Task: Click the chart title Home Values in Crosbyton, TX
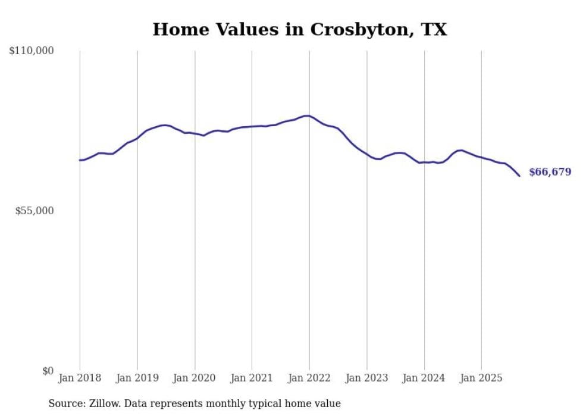pos(299,29)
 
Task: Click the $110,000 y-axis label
pos(32,51)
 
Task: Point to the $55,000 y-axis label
pos(35,211)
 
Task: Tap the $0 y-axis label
pos(48,371)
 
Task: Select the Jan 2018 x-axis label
pos(80,378)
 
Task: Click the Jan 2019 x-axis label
pos(137,378)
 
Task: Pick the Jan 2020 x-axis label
pos(195,378)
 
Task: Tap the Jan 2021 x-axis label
pos(252,378)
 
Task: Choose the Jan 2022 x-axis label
pos(309,378)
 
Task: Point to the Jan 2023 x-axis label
pos(366,378)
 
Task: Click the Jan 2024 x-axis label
pos(424,378)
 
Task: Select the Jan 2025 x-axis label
pos(481,378)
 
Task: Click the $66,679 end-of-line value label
pos(550,172)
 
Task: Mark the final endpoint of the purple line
pos(519,176)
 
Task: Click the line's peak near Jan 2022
pos(306,115)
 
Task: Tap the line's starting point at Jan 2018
pos(80,160)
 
